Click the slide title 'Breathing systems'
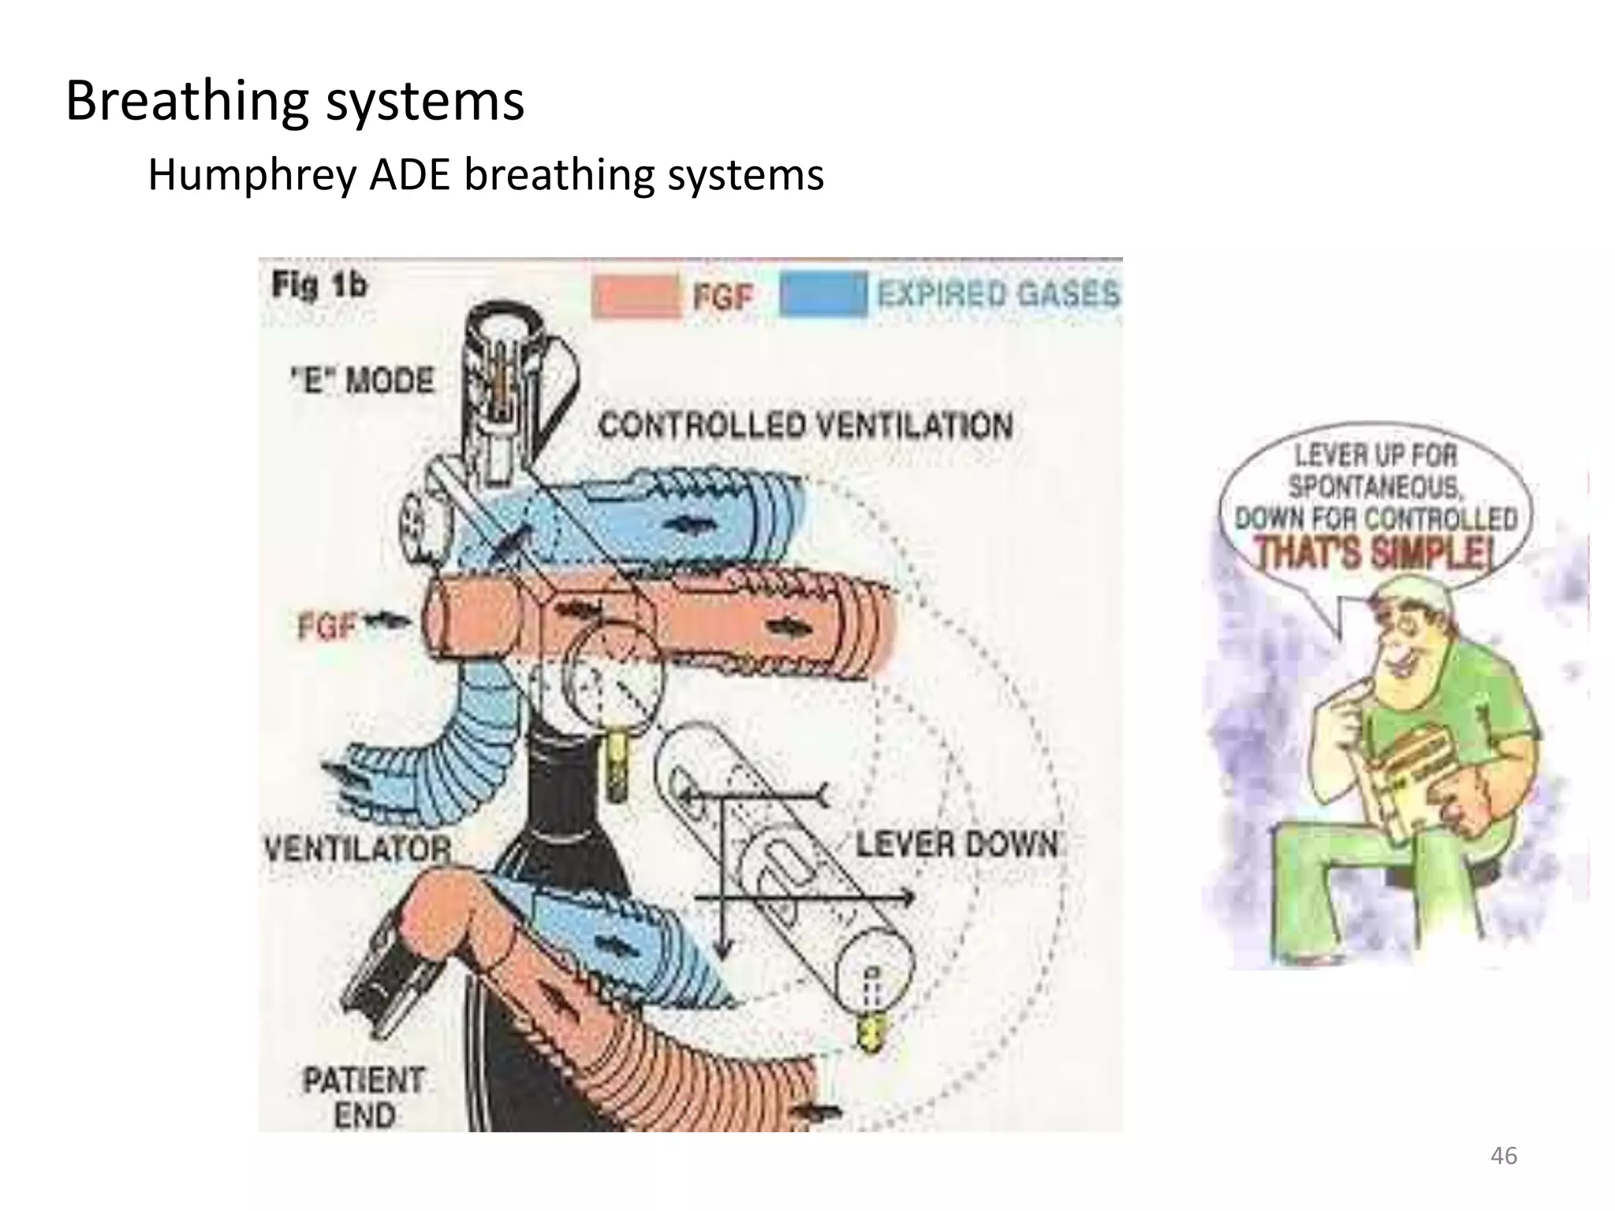[294, 101]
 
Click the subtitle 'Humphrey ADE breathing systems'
[486, 175]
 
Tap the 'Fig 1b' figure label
[319, 285]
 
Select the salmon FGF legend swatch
[635, 296]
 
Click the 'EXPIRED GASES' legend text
[998, 295]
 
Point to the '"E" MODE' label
[363, 382]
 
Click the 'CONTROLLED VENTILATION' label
[805, 427]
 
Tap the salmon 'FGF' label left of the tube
[327, 627]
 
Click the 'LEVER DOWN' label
[957, 845]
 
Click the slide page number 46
[1503, 1156]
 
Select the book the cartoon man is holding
[1404, 781]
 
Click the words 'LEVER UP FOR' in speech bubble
[1376, 456]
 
